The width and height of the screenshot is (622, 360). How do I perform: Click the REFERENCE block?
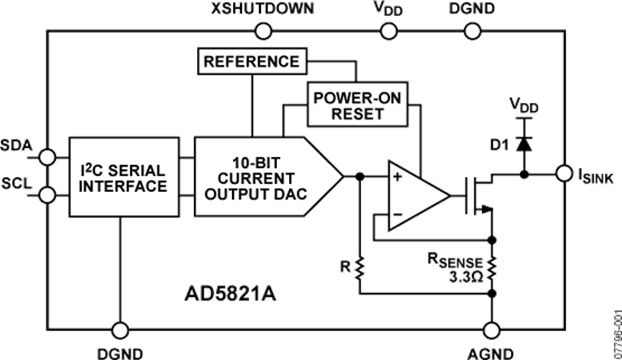[x=251, y=61]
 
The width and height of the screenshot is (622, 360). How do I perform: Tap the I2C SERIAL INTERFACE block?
[x=124, y=177]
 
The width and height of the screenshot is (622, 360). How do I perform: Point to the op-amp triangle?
[x=415, y=195]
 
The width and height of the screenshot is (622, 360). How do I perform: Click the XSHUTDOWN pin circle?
[x=263, y=31]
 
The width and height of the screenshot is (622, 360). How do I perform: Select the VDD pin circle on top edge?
[x=388, y=31]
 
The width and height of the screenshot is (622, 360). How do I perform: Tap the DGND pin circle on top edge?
[x=471, y=31]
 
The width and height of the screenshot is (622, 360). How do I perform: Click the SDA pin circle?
[x=48, y=158]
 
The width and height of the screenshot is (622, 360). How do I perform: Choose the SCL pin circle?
[x=48, y=196]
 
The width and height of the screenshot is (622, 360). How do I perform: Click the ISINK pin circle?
[x=563, y=173]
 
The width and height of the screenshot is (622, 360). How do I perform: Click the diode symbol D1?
[x=525, y=144]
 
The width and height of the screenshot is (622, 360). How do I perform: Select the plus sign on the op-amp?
[x=397, y=178]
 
